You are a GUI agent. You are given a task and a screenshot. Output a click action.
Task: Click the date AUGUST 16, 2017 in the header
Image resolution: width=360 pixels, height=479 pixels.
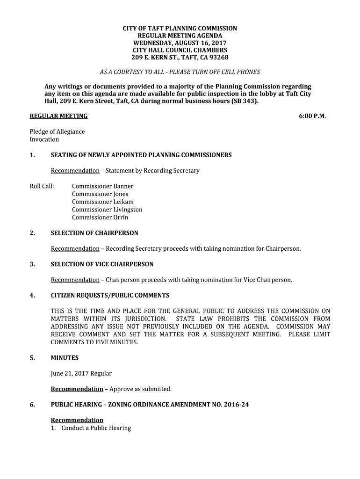200,43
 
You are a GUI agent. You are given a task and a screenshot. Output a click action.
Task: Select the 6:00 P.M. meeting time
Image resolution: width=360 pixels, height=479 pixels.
312,116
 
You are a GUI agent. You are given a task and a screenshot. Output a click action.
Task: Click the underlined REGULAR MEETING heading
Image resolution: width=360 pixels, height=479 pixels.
58,116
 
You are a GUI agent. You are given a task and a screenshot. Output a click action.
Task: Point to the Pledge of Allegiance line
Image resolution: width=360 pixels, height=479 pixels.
57,131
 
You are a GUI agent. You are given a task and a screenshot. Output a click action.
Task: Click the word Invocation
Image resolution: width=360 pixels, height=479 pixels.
44,139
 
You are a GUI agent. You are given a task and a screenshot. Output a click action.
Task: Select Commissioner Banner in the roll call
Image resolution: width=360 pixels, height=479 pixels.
102,186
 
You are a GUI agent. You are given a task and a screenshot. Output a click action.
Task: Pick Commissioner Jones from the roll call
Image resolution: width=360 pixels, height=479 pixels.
100,194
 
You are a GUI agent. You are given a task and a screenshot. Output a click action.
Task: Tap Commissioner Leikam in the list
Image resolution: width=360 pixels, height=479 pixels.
102,202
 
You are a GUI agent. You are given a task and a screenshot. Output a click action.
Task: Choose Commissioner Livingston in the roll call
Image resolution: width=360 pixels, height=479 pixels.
107,210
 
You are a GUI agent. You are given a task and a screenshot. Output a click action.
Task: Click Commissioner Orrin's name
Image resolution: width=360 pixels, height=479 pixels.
100,218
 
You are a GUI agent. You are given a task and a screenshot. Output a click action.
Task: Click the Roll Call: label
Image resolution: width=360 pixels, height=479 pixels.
42,186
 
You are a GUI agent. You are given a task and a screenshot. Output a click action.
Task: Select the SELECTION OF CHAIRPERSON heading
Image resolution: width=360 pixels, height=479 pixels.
94,233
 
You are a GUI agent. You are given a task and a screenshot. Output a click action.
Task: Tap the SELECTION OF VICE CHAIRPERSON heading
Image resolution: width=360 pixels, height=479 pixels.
102,264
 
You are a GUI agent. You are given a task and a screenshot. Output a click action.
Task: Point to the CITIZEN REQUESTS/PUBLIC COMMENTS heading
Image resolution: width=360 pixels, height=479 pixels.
110,296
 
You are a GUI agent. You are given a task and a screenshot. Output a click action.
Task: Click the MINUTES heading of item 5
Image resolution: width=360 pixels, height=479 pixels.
65,358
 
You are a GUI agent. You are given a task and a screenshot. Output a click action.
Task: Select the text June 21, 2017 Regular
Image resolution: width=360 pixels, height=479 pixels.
81,373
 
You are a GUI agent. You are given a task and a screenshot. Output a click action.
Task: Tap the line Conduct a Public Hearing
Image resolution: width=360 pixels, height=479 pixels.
96,428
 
